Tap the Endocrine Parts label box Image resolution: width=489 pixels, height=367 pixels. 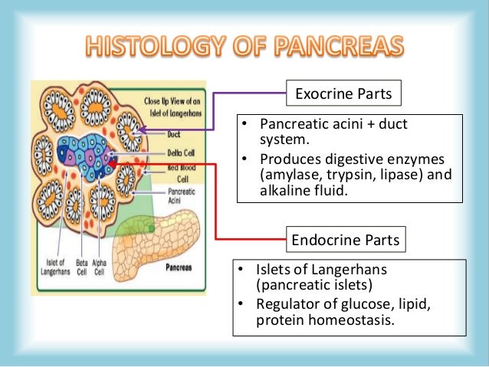tap(345, 241)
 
